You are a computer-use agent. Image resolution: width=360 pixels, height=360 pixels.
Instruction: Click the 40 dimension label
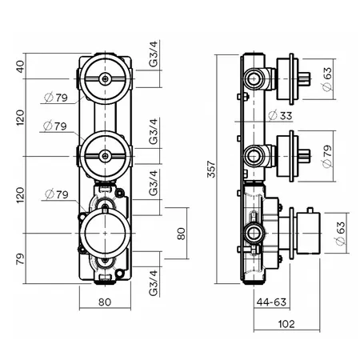(21, 66)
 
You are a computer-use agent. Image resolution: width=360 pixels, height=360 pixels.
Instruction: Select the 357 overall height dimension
(211, 169)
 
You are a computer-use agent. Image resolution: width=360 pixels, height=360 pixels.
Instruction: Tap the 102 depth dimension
(286, 324)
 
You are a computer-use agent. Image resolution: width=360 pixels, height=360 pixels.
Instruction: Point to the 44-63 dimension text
(271, 302)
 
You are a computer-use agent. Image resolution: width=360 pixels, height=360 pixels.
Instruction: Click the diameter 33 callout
(280, 115)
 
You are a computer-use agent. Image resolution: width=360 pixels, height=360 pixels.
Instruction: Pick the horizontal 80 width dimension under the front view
(105, 302)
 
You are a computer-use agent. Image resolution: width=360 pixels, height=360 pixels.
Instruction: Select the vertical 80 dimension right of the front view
(182, 234)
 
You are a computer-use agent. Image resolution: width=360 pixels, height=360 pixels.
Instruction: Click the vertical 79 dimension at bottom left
(20, 258)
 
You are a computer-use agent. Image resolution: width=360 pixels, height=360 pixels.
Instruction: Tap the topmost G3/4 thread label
(154, 54)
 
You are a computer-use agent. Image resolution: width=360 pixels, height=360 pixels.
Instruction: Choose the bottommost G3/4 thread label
(154, 283)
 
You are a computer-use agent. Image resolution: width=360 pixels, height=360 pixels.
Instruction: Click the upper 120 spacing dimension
(20, 118)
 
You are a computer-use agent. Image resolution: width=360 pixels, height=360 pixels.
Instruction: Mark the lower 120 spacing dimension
(20, 195)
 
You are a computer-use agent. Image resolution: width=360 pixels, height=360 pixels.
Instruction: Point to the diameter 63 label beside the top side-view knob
(327, 79)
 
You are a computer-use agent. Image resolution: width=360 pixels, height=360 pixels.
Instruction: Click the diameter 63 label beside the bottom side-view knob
(340, 234)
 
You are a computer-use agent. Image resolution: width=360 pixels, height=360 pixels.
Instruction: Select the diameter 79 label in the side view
(327, 156)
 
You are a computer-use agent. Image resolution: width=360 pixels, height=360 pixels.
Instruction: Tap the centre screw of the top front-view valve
(106, 78)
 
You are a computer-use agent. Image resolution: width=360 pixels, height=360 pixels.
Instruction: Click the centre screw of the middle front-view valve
(106, 156)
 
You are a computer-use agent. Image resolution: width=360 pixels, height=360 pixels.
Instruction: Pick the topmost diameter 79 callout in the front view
(56, 98)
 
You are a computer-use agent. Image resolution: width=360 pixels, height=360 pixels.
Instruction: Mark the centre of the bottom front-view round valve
(106, 234)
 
